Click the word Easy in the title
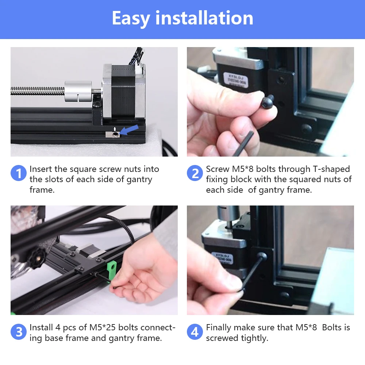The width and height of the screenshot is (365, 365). point(131,18)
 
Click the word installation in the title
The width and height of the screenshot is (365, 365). point(204,18)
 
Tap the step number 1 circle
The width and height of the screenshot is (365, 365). point(18,173)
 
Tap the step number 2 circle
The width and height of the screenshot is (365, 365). point(195,173)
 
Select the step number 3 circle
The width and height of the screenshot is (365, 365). point(18,332)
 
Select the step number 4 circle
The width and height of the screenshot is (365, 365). point(195,332)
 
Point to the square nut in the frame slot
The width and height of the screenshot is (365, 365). point(114,135)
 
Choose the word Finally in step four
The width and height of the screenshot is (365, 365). point(221,327)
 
